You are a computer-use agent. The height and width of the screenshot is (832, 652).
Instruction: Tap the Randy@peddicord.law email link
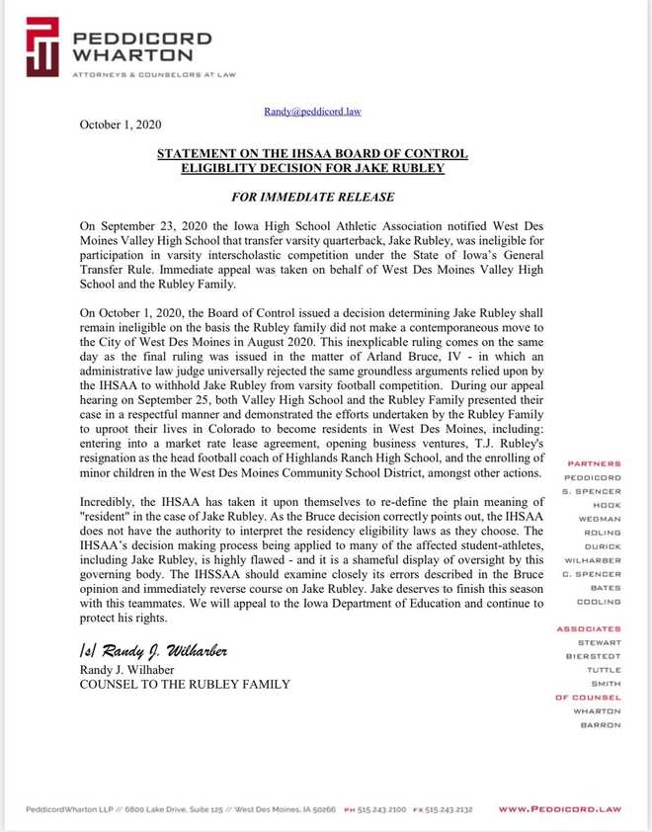pos(312,112)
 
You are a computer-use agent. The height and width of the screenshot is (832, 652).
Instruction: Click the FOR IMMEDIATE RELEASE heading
pos(311,198)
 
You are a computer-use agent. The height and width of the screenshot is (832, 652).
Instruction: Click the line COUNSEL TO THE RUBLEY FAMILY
pos(185,684)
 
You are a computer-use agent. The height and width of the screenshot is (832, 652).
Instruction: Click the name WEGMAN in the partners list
pos(600,519)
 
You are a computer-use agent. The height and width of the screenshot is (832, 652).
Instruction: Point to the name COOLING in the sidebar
pos(600,602)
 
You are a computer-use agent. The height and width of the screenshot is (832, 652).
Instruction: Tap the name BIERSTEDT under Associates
pos(595,656)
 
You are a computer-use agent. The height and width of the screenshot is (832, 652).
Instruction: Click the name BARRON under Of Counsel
pos(602,725)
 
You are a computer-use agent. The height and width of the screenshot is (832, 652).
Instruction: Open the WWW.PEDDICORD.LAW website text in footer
pos(559,809)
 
